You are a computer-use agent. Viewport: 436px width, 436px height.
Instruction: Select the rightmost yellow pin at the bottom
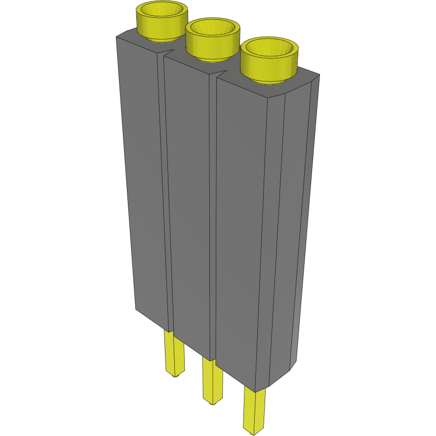point(254,410)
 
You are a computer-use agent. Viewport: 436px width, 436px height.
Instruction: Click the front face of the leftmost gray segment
point(143,183)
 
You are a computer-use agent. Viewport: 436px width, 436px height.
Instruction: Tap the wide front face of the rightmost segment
point(239,232)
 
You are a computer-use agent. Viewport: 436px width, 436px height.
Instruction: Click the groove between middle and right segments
point(213,217)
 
